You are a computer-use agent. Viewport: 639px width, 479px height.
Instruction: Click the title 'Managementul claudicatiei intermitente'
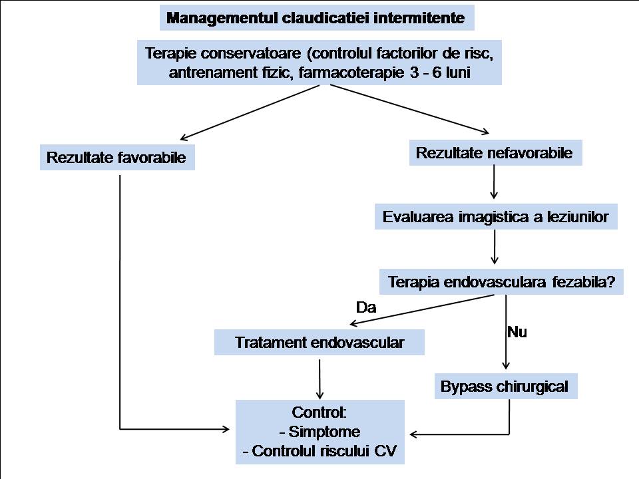pyautogui.click(x=317, y=18)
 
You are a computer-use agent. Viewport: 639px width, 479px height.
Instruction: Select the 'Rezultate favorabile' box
pyautogui.click(x=117, y=157)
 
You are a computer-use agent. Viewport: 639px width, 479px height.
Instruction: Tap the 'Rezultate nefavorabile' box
pyautogui.click(x=495, y=153)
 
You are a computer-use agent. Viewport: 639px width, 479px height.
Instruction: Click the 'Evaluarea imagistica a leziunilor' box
pyautogui.click(x=496, y=217)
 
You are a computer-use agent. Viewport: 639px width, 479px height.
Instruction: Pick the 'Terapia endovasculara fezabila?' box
pyautogui.click(x=501, y=282)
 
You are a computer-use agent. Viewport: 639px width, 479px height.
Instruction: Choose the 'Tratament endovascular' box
pyautogui.click(x=319, y=343)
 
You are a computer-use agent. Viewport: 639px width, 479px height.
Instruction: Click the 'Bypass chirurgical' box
pyautogui.click(x=506, y=386)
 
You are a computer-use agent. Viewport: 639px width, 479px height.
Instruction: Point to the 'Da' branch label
pyautogui.click(x=366, y=307)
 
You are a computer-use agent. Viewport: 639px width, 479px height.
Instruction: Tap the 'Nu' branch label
pyautogui.click(x=517, y=333)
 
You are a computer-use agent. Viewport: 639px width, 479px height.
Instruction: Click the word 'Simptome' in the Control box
pyautogui.click(x=324, y=432)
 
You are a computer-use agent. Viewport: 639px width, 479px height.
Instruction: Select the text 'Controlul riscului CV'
pyautogui.click(x=324, y=451)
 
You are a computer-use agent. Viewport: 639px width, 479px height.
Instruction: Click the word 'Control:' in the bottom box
pyautogui.click(x=319, y=412)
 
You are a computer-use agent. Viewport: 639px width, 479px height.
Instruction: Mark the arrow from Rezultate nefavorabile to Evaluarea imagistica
pyautogui.click(x=494, y=182)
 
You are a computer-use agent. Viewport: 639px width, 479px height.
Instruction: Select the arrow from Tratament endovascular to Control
pyautogui.click(x=319, y=379)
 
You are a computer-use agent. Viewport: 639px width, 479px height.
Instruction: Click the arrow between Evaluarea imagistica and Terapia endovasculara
pyautogui.click(x=495, y=247)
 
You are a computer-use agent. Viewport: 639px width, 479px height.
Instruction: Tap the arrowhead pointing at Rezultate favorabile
pyautogui.click(x=184, y=138)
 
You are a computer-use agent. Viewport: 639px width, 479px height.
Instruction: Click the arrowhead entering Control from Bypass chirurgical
pyautogui.click(x=413, y=434)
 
